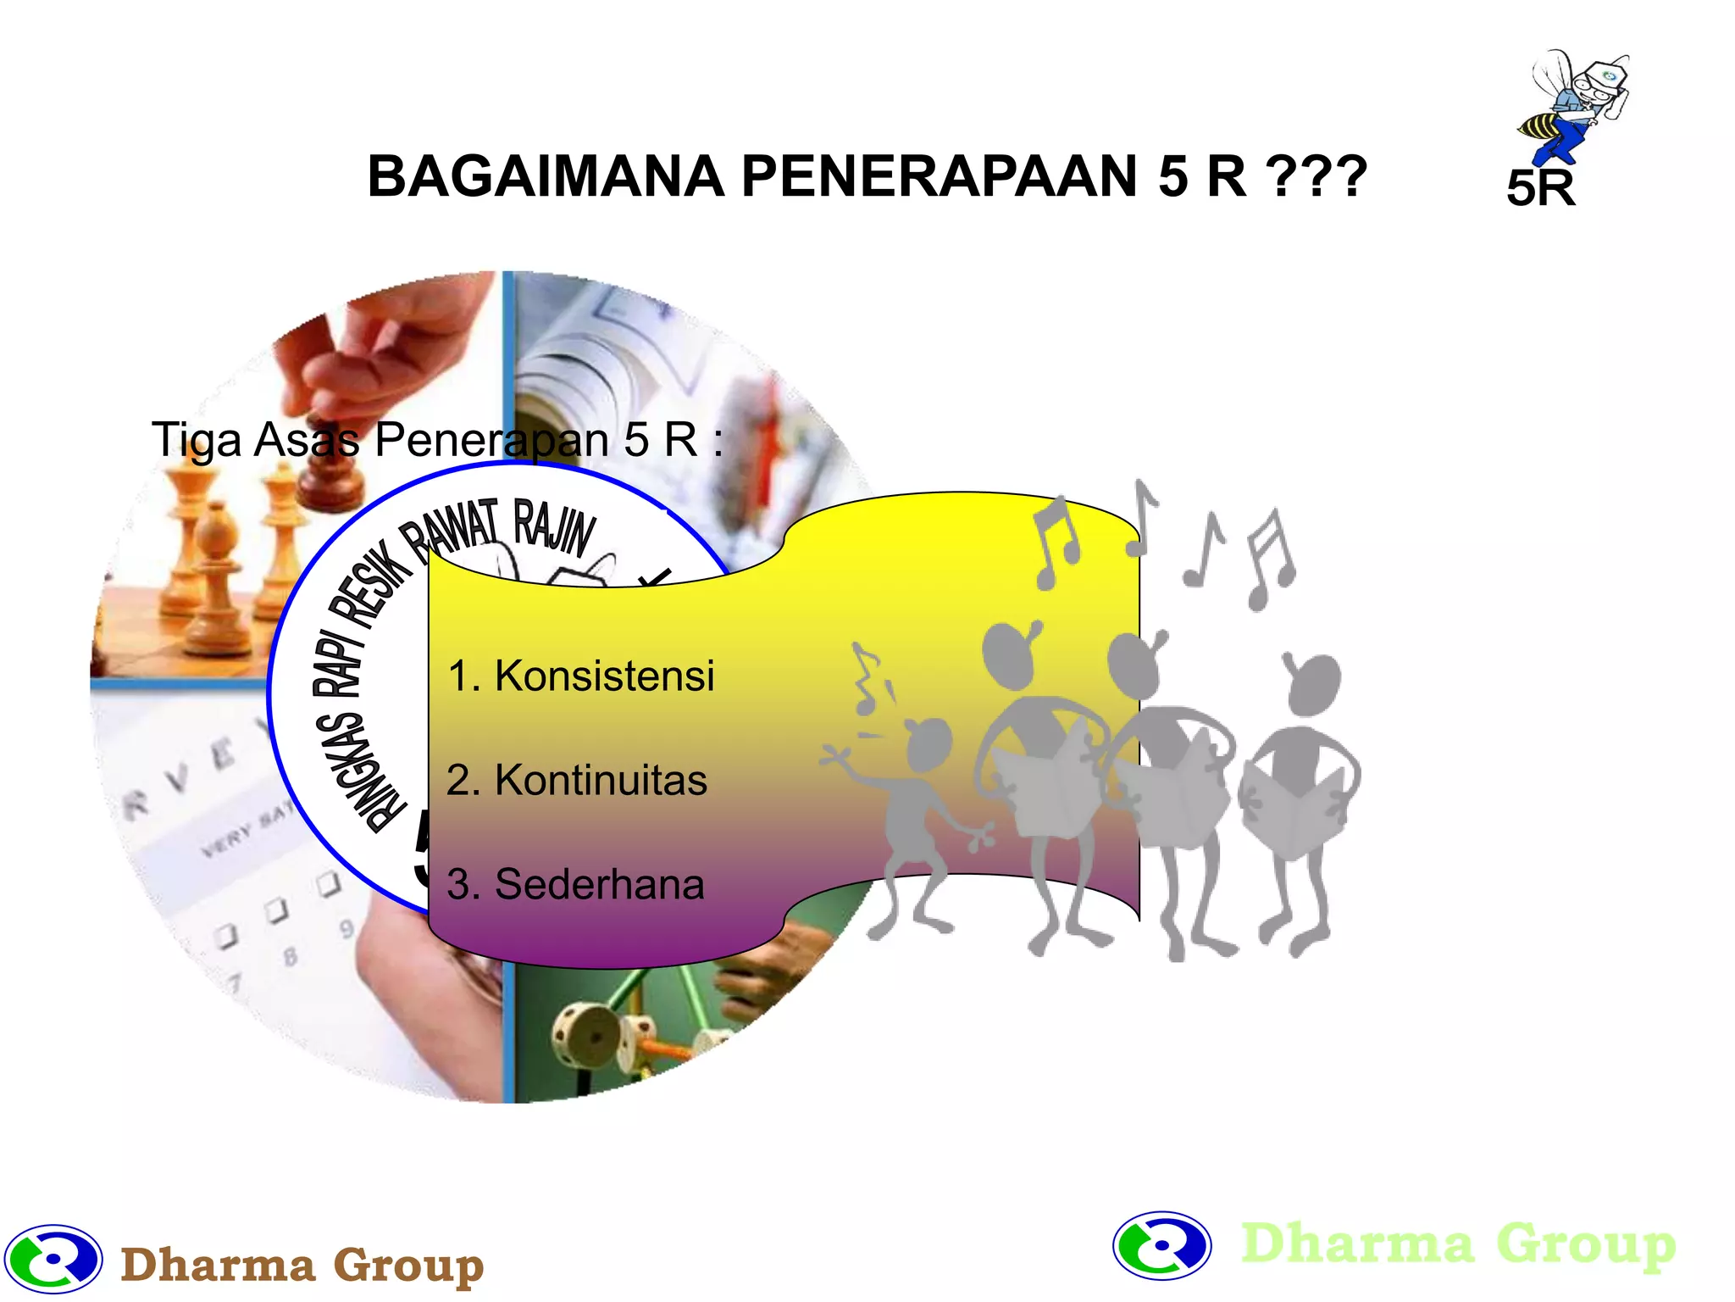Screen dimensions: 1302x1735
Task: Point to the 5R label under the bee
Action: pyautogui.click(x=1540, y=188)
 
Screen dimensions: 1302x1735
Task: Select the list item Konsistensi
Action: pyautogui.click(x=581, y=676)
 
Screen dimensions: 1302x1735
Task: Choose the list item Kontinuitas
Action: pyautogui.click(x=577, y=780)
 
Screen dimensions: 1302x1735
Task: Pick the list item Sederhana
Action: pyautogui.click(x=575, y=884)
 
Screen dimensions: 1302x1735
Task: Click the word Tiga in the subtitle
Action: pyautogui.click(x=196, y=440)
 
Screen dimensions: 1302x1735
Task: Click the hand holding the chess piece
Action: pyautogui.click(x=381, y=356)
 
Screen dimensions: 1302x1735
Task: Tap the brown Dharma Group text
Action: pyautogui.click(x=302, y=1266)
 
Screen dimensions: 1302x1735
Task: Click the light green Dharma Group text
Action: pyautogui.click(x=1457, y=1244)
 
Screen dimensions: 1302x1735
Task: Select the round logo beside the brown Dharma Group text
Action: pyautogui.click(x=53, y=1259)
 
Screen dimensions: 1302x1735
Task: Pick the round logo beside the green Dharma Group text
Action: pyautogui.click(x=1161, y=1245)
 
